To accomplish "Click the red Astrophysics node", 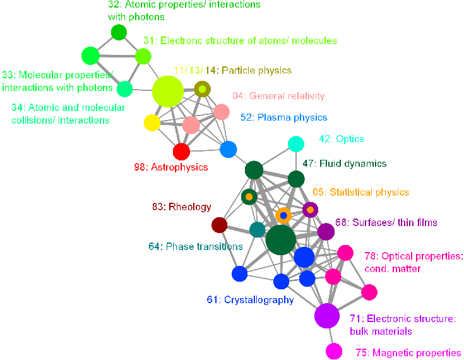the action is pyautogui.click(x=181, y=152).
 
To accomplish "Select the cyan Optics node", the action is pyautogui.click(x=296, y=144).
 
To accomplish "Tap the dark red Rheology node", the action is pyautogui.click(x=219, y=225).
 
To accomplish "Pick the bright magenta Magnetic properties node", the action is pyautogui.click(x=334, y=351).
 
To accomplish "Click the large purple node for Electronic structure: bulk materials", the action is pyautogui.click(x=327, y=316).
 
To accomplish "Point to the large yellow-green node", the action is pyautogui.click(x=168, y=92).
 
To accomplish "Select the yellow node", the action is pyautogui.click(x=152, y=123).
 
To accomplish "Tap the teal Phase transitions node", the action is pyautogui.click(x=258, y=229).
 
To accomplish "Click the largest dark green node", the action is pyautogui.click(x=280, y=240).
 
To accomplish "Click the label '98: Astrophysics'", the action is pyautogui.click(x=171, y=167).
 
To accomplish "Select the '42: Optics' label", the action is pyautogui.click(x=342, y=139).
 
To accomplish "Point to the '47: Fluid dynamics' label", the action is pyautogui.click(x=345, y=164).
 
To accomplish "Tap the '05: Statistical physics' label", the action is pyautogui.click(x=360, y=192).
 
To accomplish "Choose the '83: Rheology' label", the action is pyautogui.click(x=182, y=207).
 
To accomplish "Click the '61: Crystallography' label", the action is pyautogui.click(x=251, y=300).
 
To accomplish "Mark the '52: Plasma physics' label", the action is pyautogui.click(x=284, y=117).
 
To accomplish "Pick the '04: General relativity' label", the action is pyautogui.click(x=278, y=96).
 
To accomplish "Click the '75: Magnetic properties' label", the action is pyautogui.click(x=408, y=353).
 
